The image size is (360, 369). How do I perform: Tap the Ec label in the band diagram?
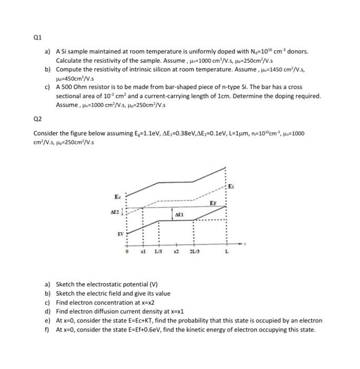tap(118, 196)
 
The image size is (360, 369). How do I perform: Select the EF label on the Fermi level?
tap(213, 203)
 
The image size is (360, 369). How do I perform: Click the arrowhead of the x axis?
tap(244, 244)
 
